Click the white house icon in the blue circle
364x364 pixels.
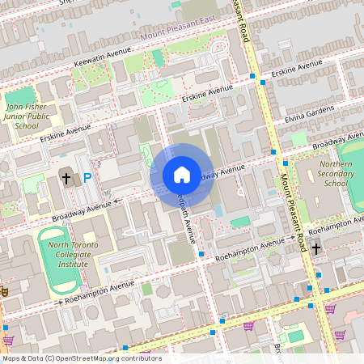click(182, 175)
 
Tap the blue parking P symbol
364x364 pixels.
click(86, 177)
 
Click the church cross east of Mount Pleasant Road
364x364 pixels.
click(316, 248)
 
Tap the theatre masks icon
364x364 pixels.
click(2, 290)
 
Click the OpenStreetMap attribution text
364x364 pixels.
click(81, 358)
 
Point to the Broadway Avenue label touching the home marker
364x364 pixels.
click(218, 171)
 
